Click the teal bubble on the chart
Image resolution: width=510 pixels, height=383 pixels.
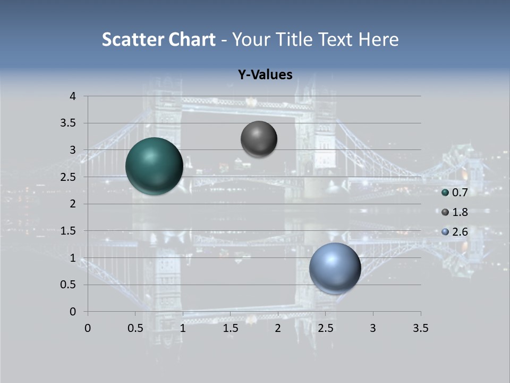coord(154,166)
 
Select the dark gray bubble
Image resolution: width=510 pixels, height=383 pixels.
coord(259,139)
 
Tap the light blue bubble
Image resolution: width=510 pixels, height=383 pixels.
coord(335,268)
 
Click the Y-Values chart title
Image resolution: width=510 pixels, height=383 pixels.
coord(265,75)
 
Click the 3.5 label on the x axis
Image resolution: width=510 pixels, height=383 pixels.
coord(420,328)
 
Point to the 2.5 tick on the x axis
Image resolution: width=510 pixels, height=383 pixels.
coord(325,328)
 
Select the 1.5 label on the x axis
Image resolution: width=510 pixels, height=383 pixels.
coord(230,328)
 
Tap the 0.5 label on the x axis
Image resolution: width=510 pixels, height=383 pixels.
coord(135,328)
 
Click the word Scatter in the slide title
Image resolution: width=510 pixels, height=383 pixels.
coord(132,39)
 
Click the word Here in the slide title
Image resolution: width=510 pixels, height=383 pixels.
coord(378,39)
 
